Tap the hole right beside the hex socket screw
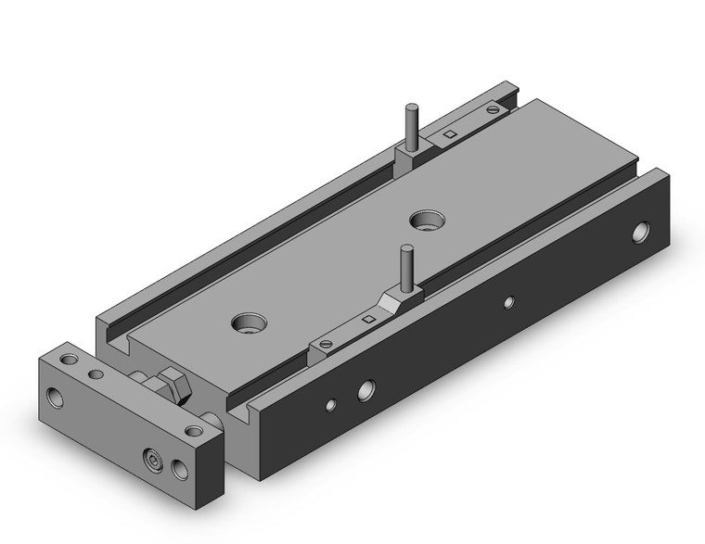point(179,470)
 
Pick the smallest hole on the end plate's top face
point(93,374)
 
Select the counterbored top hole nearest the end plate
point(248,323)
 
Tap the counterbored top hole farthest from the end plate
point(428,221)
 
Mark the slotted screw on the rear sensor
point(493,109)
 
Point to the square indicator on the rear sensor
point(449,135)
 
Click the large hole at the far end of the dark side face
point(641,233)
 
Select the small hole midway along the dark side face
point(507,301)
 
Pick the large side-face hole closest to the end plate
point(366,390)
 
